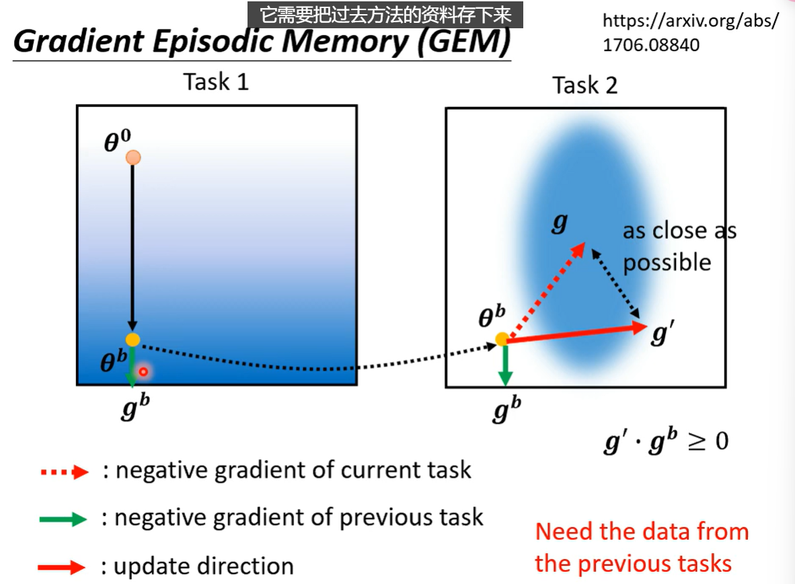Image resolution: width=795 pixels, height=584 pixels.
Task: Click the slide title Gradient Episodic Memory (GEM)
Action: pyautogui.click(x=261, y=42)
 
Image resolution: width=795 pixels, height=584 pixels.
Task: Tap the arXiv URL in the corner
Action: pyautogui.click(x=690, y=32)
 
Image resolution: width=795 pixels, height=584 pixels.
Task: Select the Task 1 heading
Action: pyautogui.click(x=216, y=82)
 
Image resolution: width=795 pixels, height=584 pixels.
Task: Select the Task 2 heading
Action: pyautogui.click(x=584, y=85)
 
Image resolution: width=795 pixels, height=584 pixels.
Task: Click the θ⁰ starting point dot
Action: pyautogui.click(x=133, y=157)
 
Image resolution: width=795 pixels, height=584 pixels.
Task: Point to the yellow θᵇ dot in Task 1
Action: pyautogui.click(x=132, y=340)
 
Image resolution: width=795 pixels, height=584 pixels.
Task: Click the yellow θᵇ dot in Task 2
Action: pyautogui.click(x=502, y=339)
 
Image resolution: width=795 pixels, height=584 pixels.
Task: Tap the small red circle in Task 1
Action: pyautogui.click(x=143, y=371)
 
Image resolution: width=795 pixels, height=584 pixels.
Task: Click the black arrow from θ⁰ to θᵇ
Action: pyautogui.click(x=132, y=249)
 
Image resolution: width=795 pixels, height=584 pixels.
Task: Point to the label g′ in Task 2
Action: pyautogui.click(x=661, y=332)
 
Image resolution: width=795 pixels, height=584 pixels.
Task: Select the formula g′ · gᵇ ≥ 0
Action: pyautogui.click(x=666, y=441)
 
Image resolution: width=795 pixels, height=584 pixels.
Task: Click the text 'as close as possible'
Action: pyautogui.click(x=678, y=246)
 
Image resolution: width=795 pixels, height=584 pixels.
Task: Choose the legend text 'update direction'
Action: pyautogui.click(x=204, y=566)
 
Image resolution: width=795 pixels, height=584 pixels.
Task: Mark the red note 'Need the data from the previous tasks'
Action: pyautogui.click(x=642, y=547)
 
